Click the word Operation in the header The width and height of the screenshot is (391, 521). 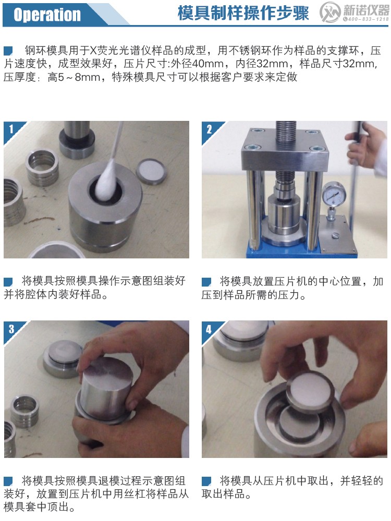pos(47,15)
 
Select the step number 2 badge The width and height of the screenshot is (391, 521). pos(209,129)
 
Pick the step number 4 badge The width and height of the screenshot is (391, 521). pos(209,328)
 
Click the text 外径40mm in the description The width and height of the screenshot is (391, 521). pos(200,65)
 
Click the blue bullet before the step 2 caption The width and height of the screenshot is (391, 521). pos(206,282)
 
